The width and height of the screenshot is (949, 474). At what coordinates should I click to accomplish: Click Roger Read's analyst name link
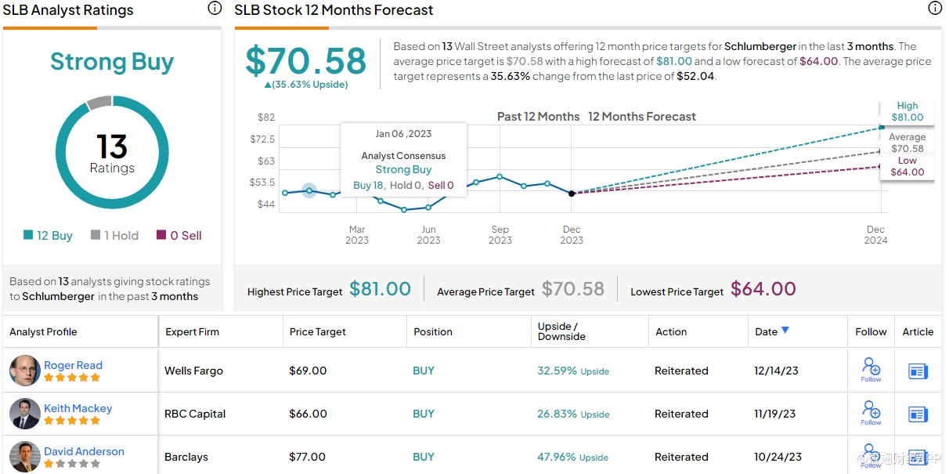[73, 365]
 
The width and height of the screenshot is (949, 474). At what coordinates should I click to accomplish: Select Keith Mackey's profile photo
[24, 414]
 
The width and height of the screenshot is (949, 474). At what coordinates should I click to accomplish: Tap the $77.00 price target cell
[307, 457]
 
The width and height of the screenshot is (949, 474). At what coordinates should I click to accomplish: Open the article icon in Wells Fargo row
[918, 371]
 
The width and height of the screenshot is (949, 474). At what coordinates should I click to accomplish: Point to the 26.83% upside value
[556, 414]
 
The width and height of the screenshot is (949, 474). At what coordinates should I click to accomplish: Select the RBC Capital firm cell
[196, 414]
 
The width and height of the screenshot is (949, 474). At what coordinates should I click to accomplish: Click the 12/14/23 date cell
[775, 371]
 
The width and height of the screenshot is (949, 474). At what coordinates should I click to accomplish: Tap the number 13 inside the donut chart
[112, 147]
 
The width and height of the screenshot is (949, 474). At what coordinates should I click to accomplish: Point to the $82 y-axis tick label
[266, 118]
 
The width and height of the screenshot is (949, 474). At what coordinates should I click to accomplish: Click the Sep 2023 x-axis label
[500, 235]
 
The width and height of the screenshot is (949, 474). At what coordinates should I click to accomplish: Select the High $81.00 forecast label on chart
[907, 112]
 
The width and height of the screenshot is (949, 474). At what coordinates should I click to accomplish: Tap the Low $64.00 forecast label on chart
[907, 167]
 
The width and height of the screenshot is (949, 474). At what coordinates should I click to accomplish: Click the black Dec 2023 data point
[572, 193]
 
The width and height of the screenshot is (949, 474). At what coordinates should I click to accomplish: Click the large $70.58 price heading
[306, 61]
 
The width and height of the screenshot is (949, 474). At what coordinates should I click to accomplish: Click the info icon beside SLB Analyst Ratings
[214, 9]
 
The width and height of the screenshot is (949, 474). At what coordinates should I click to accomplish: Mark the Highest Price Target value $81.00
[380, 289]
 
